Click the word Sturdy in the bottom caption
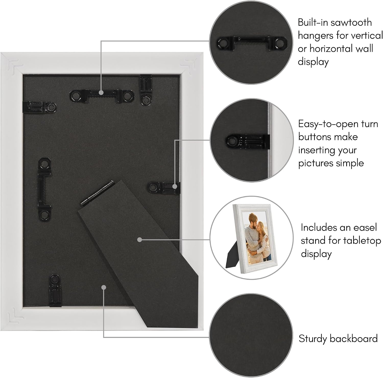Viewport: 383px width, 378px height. click(x=313, y=339)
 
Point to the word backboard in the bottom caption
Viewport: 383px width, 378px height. click(x=354, y=338)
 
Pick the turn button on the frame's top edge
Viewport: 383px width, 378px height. click(x=146, y=90)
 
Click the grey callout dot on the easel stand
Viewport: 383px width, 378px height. click(x=139, y=239)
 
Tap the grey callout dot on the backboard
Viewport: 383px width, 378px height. click(x=103, y=287)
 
